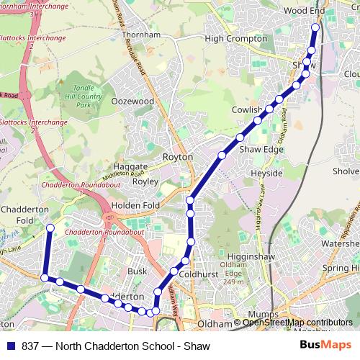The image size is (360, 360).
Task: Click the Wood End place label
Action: coord(305,11)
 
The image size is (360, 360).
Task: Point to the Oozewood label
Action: coord(133,102)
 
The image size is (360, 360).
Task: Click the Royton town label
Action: coord(178,156)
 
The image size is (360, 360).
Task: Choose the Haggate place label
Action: coord(130,166)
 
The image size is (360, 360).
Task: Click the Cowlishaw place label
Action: coord(247,110)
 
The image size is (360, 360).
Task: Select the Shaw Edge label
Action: coord(261,149)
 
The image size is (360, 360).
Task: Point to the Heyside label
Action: coord(266,174)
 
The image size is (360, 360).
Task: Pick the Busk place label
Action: coord(137,271)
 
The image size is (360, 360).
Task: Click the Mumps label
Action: coord(262,315)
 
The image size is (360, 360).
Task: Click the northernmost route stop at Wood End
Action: coord(315,28)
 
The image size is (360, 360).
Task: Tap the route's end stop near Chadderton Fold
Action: coord(50,228)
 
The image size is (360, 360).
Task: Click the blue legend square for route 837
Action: coord(11,346)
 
